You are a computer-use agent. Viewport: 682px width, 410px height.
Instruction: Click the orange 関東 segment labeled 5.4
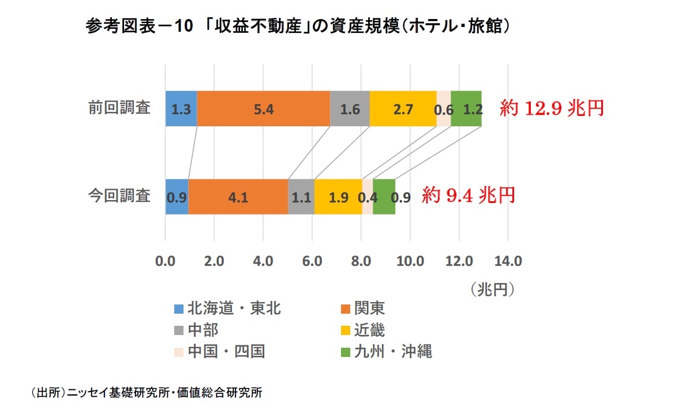tap(263, 108)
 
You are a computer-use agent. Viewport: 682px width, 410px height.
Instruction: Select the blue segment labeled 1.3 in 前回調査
tap(181, 108)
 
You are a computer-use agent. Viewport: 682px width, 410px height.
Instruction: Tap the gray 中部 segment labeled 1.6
tap(350, 108)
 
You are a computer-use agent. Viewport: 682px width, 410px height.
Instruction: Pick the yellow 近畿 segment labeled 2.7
tap(403, 108)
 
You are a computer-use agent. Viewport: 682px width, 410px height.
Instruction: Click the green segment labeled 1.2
tap(466, 108)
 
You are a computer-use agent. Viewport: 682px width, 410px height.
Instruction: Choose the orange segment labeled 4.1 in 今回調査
tap(238, 197)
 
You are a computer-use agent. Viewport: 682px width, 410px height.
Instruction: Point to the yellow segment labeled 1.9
tap(338, 197)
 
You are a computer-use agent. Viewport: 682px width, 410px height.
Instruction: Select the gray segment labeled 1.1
tap(301, 197)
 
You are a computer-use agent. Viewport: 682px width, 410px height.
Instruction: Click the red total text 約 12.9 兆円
tap(552, 108)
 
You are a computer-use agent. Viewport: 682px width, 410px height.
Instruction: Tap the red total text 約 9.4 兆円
tap(468, 195)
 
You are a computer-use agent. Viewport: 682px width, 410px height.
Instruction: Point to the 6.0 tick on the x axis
tap(312, 261)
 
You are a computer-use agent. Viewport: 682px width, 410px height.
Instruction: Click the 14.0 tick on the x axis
tap(508, 261)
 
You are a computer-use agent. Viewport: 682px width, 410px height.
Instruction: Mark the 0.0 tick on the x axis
tap(166, 261)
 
